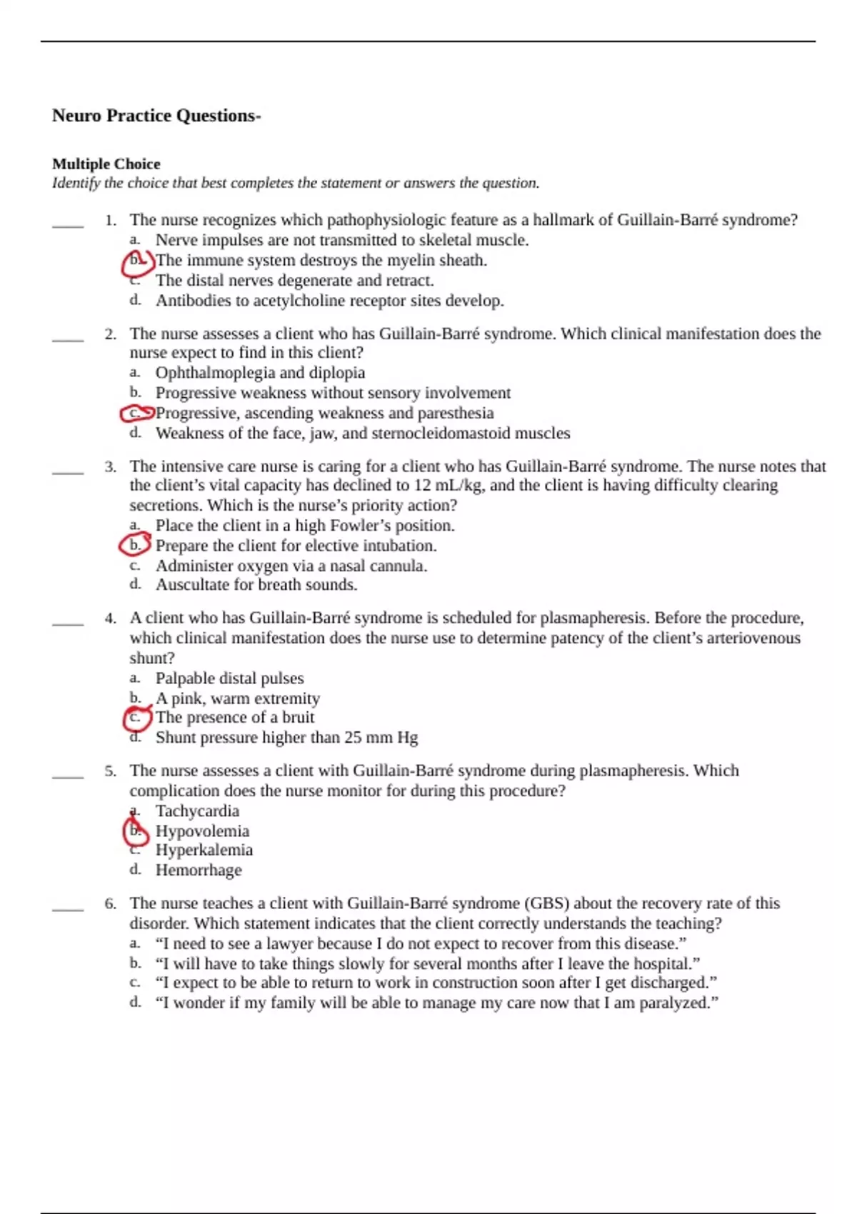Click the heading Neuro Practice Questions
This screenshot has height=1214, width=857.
click(x=156, y=116)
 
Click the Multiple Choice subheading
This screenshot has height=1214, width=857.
click(x=106, y=164)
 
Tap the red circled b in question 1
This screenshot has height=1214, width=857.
click(x=136, y=262)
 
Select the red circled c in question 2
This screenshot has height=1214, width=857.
click(x=135, y=413)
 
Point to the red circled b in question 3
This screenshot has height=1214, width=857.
click(x=134, y=546)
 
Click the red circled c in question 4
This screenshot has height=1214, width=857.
click(x=136, y=717)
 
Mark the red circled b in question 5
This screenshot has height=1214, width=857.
click(x=135, y=831)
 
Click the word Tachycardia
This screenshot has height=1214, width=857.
click(x=197, y=811)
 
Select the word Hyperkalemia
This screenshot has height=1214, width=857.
click(x=204, y=850)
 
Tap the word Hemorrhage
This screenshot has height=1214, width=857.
click(x=199, y=870)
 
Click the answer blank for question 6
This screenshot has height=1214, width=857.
click(x=68, y=908)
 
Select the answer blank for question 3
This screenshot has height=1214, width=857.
click(x=68, y=471)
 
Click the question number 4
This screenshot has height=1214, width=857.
click(x=110, y=618)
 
